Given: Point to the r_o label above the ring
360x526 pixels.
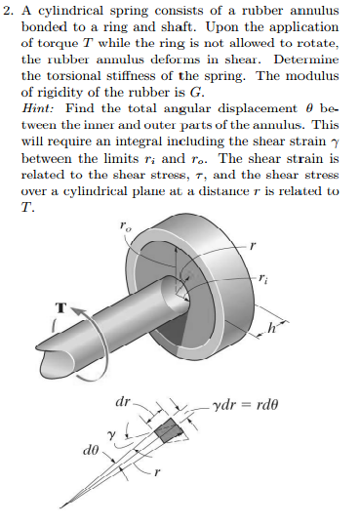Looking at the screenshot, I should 125,227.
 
